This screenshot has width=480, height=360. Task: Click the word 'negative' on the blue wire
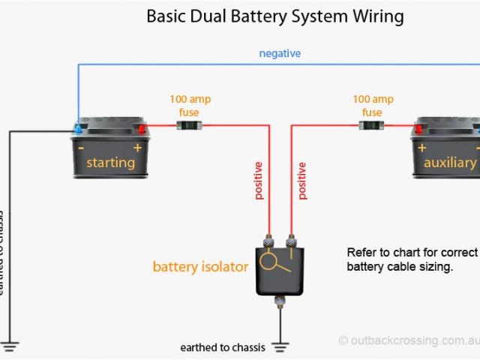pos(280,53)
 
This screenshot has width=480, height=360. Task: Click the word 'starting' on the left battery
pos(110,162)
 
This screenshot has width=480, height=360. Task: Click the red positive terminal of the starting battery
pos(140,129)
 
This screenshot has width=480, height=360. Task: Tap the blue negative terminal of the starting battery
pos(78,129)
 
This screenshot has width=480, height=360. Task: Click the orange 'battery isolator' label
pos(200,266)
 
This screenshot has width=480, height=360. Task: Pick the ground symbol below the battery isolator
pos(280,346)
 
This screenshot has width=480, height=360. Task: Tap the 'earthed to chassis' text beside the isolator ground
pos(223,347)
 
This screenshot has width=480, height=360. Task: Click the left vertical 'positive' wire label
pos(259,180)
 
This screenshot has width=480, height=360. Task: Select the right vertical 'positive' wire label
pos(302,180)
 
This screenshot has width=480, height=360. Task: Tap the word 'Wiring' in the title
pos(375,16)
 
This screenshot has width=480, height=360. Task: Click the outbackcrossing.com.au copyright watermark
pos(409,340)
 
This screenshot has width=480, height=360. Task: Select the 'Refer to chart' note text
pos(412,259)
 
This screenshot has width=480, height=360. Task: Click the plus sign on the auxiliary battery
pos(421,148)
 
